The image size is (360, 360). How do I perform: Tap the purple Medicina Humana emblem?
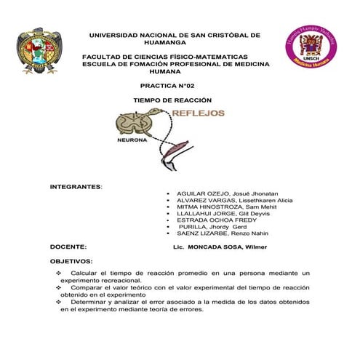(x=310, y=46)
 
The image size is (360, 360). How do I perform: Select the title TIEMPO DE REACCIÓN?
(x=172, y=100)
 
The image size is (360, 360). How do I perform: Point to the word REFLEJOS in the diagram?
(x=198, y=113)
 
